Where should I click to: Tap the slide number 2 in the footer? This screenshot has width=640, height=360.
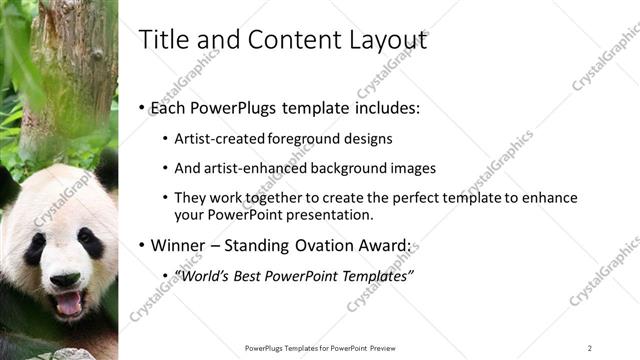tap(589, 348)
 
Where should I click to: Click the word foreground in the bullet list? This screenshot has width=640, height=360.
tap(305, 139)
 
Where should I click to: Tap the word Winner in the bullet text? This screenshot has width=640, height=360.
tap(175, 245)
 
